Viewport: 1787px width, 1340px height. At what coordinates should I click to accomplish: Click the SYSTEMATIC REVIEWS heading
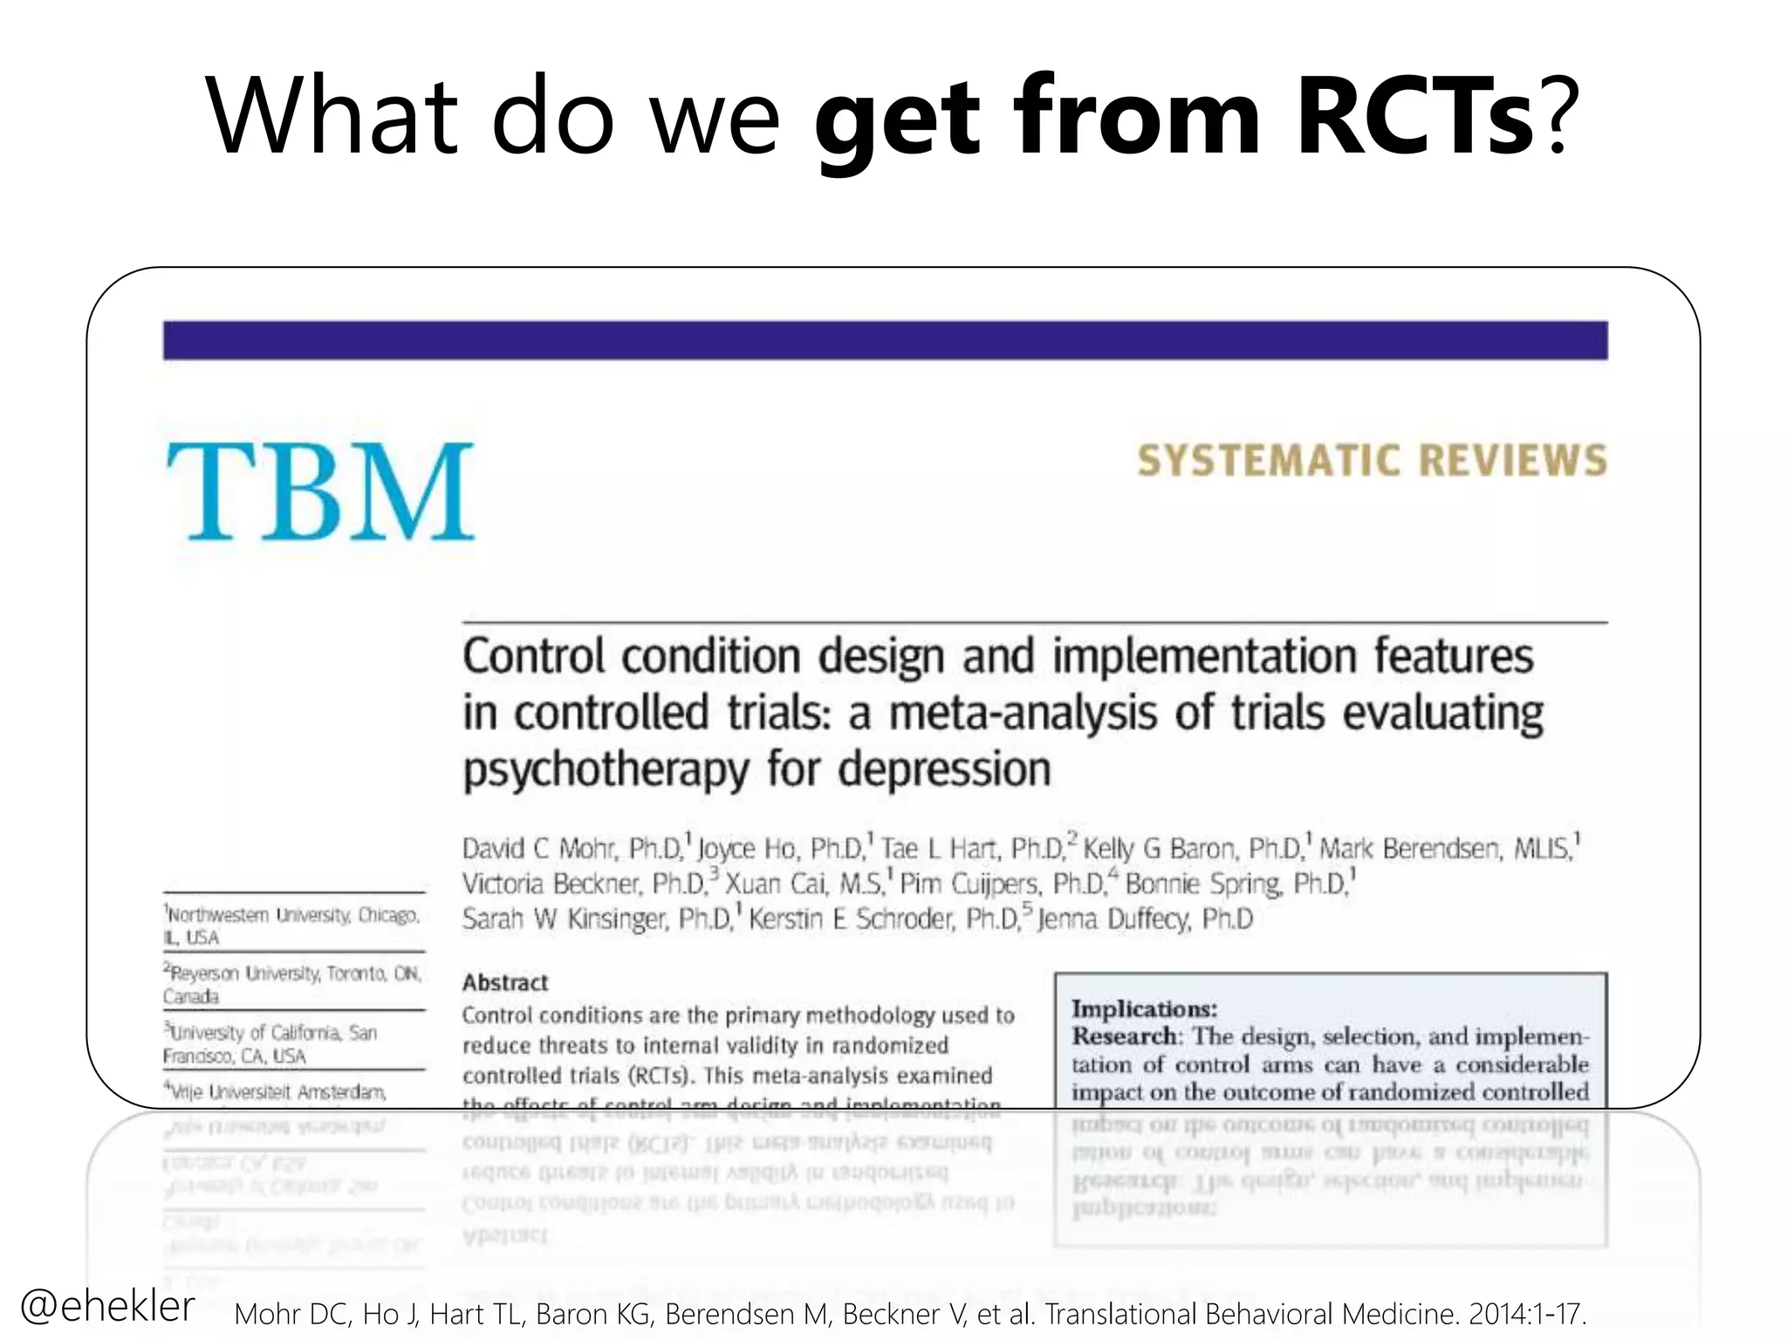click(x=1372, y=461)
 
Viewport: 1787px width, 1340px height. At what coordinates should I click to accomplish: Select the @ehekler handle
click(x=106, y=1306)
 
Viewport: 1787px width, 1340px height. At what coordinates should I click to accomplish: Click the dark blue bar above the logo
click(x=885, y=340)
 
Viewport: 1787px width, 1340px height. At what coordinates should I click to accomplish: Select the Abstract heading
click(x=505, y=982)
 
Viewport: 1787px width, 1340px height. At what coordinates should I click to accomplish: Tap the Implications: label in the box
click(x=1144, y=1008)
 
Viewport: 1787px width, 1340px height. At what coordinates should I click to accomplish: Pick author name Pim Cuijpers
click(x=970, y=884)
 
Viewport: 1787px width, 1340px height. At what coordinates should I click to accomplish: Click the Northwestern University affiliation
click(x=292, y=926)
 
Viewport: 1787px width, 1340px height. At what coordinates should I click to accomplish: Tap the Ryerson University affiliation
click(x=292, y=984)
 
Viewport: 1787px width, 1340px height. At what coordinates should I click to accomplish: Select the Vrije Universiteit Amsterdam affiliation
click(x=276, y=1091)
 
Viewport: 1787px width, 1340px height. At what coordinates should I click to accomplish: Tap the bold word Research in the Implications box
click(x=1125, y=1036)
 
